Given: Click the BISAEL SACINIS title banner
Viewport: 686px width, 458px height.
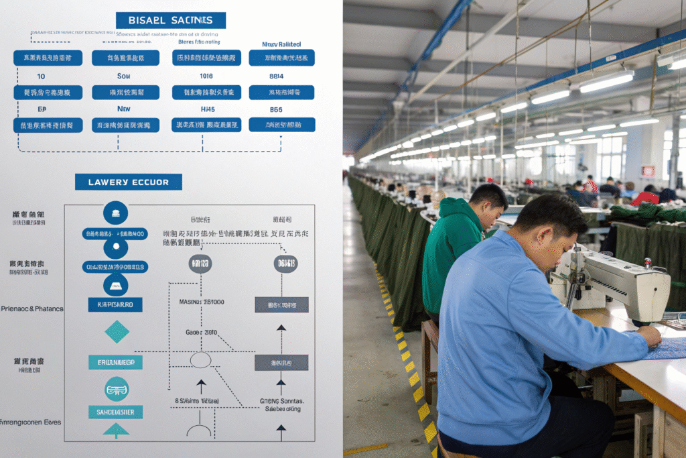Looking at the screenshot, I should click(171, 20).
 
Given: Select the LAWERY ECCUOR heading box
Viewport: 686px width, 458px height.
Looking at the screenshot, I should click(128, 182).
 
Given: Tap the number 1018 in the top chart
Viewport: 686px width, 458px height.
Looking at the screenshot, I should click(206, 76).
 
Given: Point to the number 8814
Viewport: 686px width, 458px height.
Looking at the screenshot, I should click(275, 76).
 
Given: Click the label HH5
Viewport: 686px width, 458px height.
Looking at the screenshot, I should click(208, 109).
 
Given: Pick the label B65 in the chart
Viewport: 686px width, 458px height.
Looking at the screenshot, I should click(275, 109).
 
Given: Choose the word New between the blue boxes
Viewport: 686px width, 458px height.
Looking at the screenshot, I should click(124, 109).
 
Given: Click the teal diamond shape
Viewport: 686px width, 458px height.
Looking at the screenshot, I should click(117, 332).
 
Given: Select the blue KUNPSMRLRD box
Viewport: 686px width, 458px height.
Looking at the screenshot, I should click(115, 304).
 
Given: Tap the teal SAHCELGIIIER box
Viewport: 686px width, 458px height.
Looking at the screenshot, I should click(115, 412).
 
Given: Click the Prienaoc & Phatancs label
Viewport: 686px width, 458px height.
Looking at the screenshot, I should click(31, 308).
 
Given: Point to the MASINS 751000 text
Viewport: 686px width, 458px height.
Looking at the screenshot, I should click(202, 302).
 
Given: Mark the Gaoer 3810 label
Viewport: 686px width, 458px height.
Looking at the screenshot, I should click(201, 332).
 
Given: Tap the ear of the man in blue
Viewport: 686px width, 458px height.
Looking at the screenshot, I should click(543, 237).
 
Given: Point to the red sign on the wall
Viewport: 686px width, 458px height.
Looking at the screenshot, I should click(648, 171).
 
